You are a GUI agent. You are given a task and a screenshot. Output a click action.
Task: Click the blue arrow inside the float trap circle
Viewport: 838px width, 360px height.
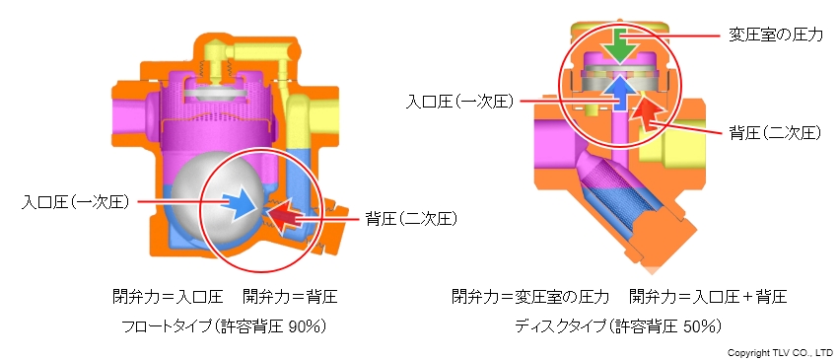click(x=238, y=204)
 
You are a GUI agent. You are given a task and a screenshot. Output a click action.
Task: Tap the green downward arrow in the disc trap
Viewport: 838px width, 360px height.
click(x=620, y=43)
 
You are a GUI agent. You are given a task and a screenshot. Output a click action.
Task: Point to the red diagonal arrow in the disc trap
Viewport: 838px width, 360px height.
click(x=646, y=111)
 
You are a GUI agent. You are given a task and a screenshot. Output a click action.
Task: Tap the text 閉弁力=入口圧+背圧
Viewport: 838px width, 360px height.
click(x=707, y=296)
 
